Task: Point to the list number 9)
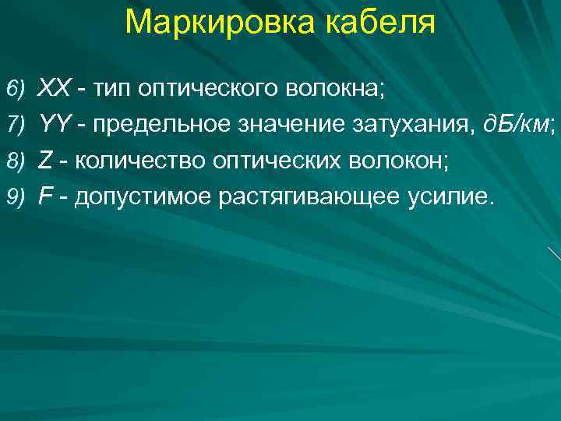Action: coord(16,197)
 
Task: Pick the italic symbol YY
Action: coord(54,123)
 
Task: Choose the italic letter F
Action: coord(45,196)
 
